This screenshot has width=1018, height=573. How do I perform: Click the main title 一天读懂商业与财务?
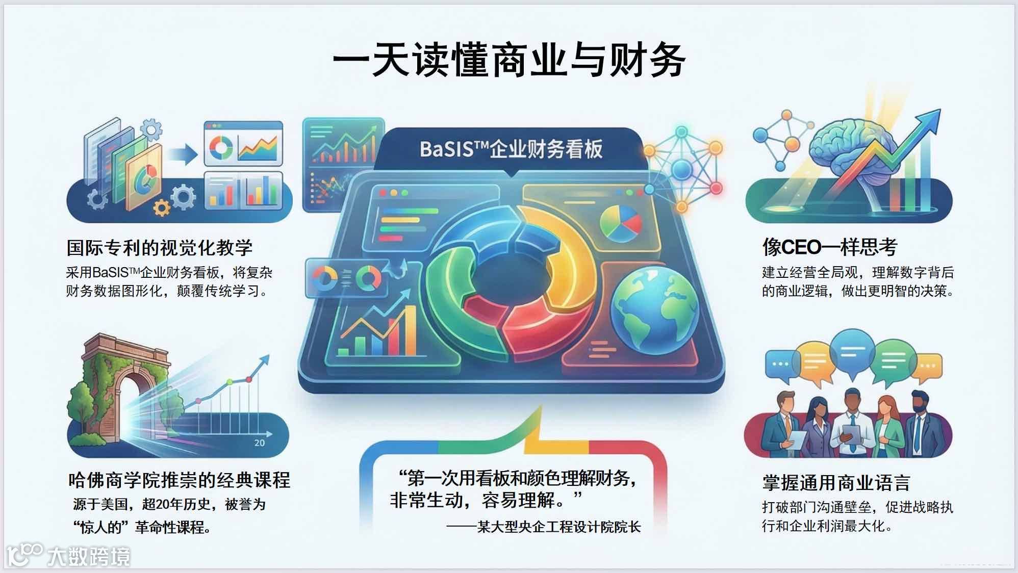tap(508, 60)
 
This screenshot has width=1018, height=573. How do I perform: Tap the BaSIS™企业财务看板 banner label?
tap(511, 149)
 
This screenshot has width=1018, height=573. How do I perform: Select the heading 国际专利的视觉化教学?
tap(160, 248)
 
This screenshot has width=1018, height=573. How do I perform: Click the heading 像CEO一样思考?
tap(830, 247)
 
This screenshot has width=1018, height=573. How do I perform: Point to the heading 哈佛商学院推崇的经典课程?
tap(179, 480)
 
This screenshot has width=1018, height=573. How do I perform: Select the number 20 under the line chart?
tap(259, 443)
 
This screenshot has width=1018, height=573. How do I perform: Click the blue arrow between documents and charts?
tap(184, 154)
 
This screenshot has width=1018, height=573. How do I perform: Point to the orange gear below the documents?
tap(162, 207)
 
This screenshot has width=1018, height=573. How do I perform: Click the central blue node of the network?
tap(681, 168)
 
